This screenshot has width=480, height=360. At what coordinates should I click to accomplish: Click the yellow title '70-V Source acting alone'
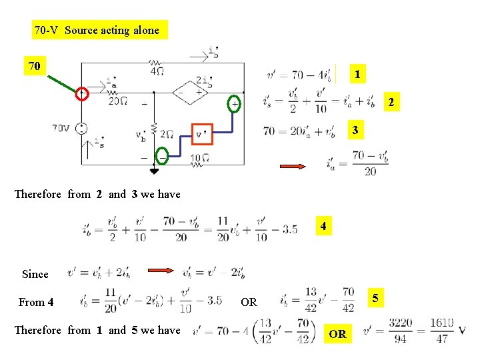[97, 30]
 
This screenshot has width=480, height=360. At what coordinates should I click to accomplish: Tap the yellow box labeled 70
[35, 66]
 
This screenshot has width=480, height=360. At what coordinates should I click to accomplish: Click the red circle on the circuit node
[82, 94]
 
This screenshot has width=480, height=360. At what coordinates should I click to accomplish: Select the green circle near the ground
[162, 155]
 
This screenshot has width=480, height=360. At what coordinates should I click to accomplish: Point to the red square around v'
[201, 134]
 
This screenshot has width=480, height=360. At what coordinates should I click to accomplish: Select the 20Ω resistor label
[119, 101]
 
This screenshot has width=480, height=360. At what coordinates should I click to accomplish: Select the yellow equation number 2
[391, 102]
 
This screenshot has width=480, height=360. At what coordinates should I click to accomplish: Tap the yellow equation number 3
[355, 130]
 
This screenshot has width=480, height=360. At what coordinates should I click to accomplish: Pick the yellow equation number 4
[323, 227]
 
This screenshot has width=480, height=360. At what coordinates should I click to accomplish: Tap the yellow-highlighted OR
[337, 334]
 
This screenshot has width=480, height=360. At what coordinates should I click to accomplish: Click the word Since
[35, 274]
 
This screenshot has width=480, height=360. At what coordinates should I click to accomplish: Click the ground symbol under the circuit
[154, 171]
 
